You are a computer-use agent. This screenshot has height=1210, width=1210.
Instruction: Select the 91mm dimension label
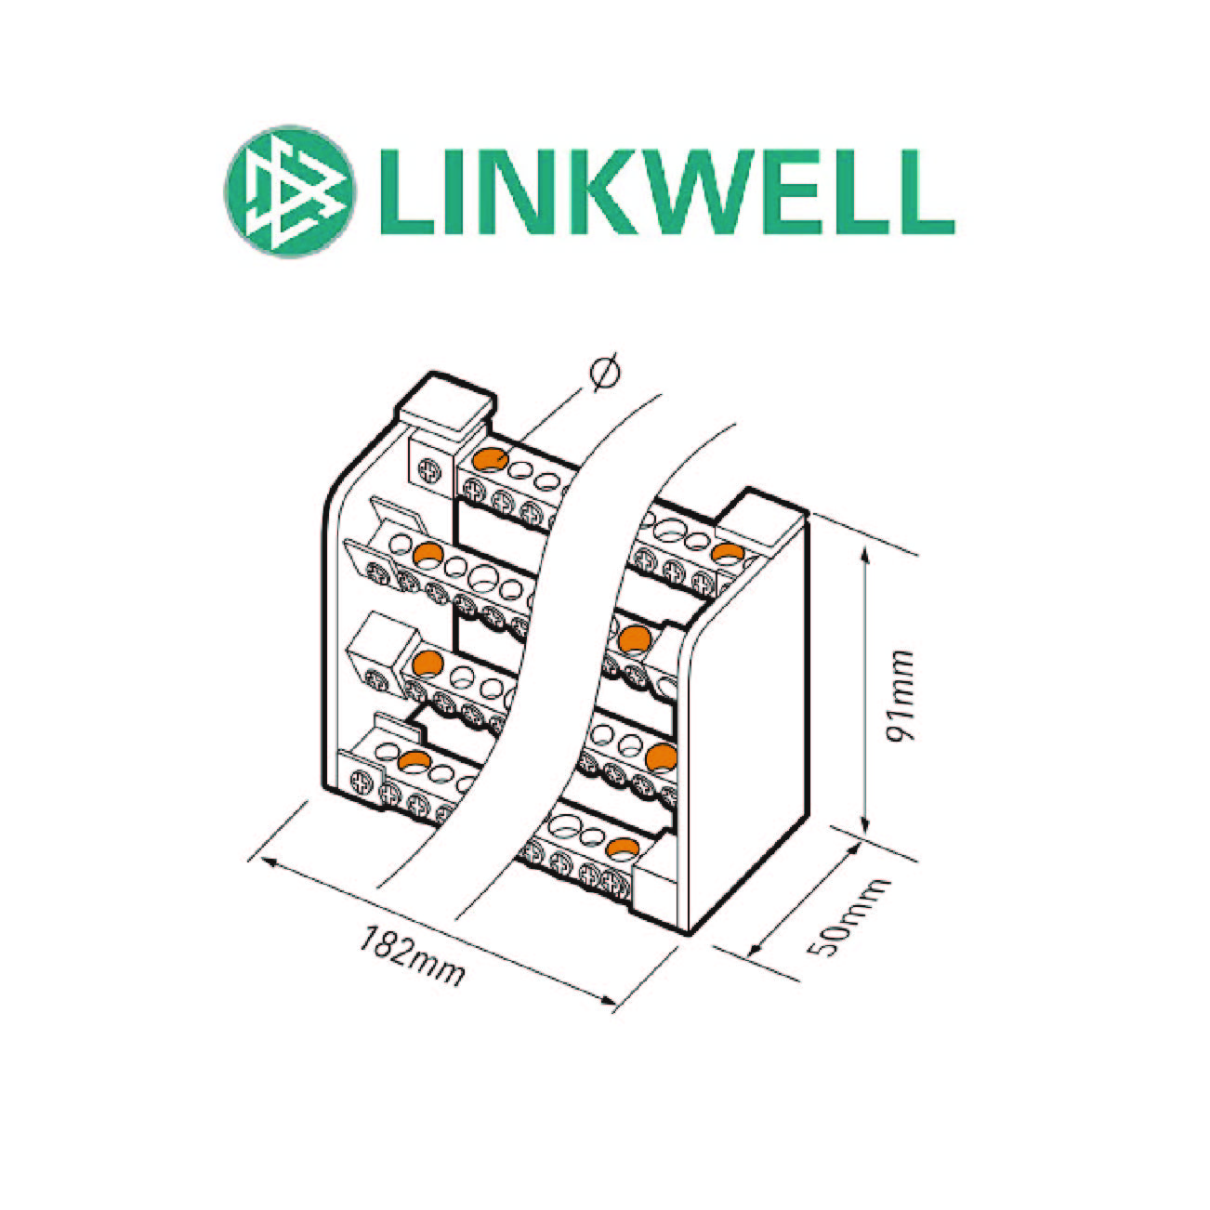(x=901, y=694)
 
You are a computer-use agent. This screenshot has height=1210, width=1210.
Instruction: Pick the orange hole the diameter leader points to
(x=491, y=457)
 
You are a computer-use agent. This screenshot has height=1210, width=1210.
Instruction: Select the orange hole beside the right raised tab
(x=727, y=554)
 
